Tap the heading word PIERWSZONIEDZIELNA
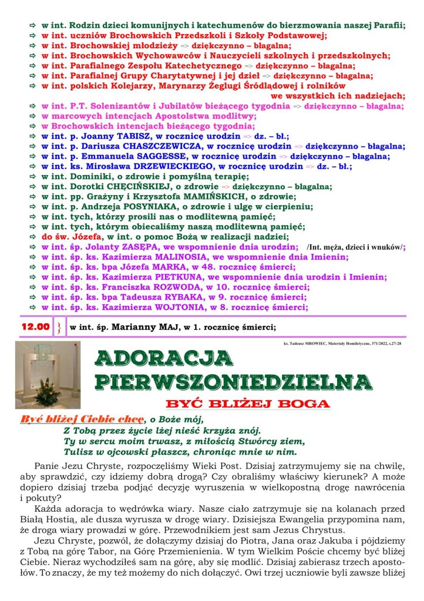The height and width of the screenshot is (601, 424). point(234,381)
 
